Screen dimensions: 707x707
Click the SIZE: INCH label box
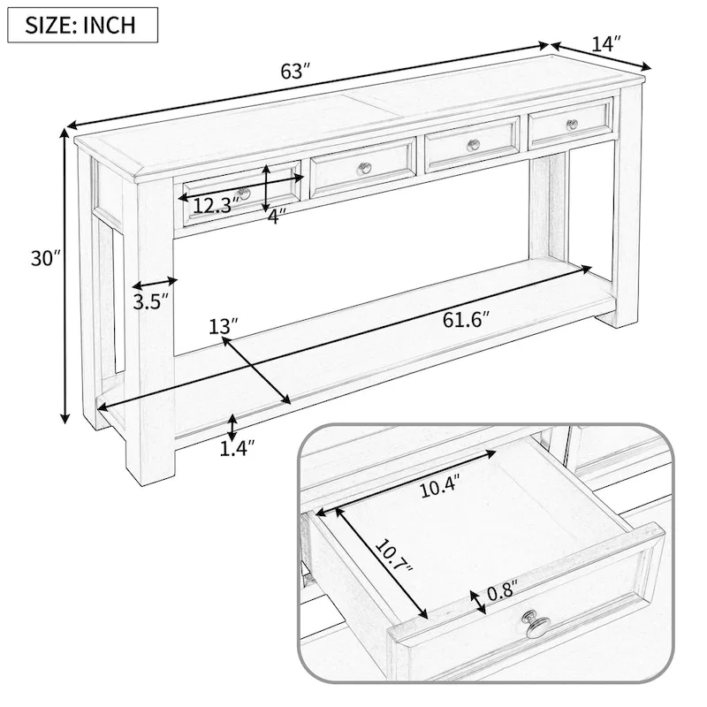82,24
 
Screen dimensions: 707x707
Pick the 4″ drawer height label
276,216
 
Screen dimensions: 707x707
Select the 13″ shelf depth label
224,326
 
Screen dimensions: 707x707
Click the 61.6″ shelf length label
466,319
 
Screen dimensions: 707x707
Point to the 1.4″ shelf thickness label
237,449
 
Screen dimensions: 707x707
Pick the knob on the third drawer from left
473,144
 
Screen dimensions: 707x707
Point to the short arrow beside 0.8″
479,600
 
